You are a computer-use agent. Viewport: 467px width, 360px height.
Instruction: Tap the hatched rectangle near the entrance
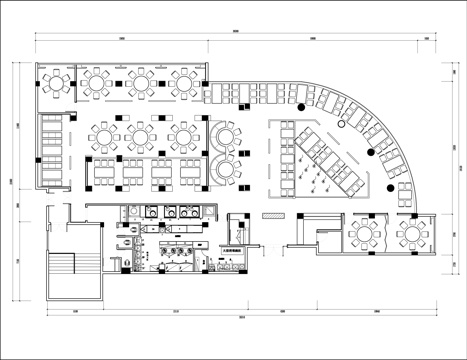(x=272, y=216)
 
